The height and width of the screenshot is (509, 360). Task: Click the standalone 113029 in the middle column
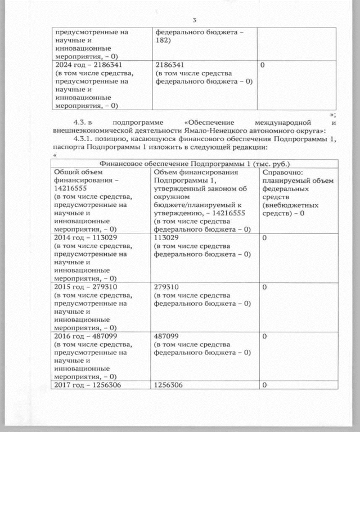[x=168, y=237]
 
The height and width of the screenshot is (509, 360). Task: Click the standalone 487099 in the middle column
[x=168, y=335]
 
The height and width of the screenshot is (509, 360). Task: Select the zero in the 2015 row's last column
[x=264, y=286]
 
